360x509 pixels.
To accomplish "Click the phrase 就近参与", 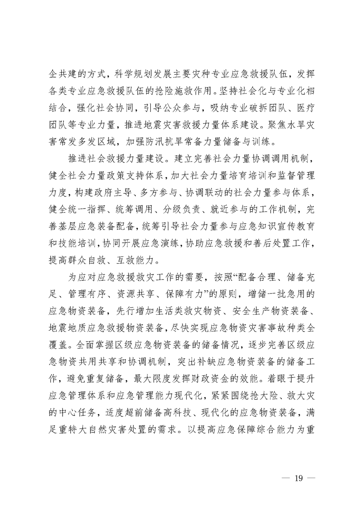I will (x=240, y=205).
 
